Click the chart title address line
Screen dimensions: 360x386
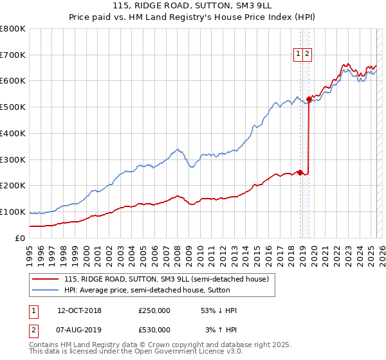pyautogui.click(x=193, y=5)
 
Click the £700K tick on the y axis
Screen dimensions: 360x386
pyautogui.click(x=12, y=55)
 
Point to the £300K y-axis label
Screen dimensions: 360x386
pyautogui.click(x=12, y=159)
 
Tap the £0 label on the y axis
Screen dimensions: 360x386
pyautogui.click(x=19, y=238)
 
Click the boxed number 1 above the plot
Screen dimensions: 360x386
pyautogui.click(x=299, y=55)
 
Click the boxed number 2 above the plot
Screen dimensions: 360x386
pyautogui.click(x=308, y=55)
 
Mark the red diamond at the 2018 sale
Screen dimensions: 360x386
pyautogui.click(x=300, y=172)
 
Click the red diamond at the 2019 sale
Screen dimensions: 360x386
pyautogui.click(x=309, y=99)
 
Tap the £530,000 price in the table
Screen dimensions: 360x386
pyautogui.click(x=154, y=330)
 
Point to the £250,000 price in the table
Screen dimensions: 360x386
pyautogui.click(x=154, y=310)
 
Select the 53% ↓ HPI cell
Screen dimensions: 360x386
pyautogui.click(x=219, y=310)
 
